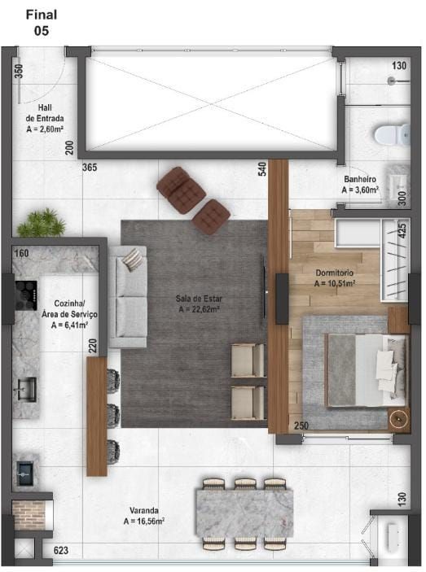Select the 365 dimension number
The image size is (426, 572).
pyautogui.click(x=90, y=168)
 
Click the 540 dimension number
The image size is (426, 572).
pyautogui.click(x=262, y=169)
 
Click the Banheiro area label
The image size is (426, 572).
pyautogui.click(x=359, y=184)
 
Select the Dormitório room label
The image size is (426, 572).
pyautogui.click(x=335, y=278)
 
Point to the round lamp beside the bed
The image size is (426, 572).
pyautogui.click(x=397, y=419)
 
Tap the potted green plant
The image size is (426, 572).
pyautogui.click(x=42, y=222)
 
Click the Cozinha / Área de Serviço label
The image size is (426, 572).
pyautogui.click(x=69, y=312)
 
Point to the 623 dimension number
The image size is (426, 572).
pyautogui.click(x=60, y=551)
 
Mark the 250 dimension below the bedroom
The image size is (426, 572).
pyautogui.click(x=301, y=426)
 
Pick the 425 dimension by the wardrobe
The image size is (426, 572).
pyautogui.click(x=400, y=230)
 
